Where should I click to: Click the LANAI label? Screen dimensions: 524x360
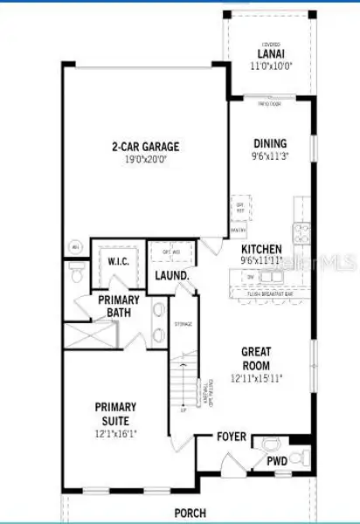(x=269, y=52)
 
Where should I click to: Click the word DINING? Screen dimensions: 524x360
(x=269, y=144)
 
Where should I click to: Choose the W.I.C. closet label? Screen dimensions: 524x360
(x=119, y=261)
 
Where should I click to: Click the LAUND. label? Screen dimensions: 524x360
(x=173, y=276)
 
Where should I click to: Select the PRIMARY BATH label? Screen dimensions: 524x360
(x=119, y=307)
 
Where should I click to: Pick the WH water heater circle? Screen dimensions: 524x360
(x=75, y=247)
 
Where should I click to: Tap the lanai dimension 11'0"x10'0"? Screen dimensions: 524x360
(x=269, y=65)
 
